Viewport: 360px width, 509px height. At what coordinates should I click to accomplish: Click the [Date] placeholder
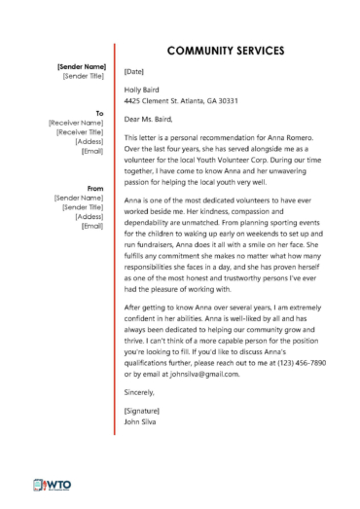click(x=135, y=71)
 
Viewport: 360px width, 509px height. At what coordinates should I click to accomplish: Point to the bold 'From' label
click(x=95, y=188)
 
